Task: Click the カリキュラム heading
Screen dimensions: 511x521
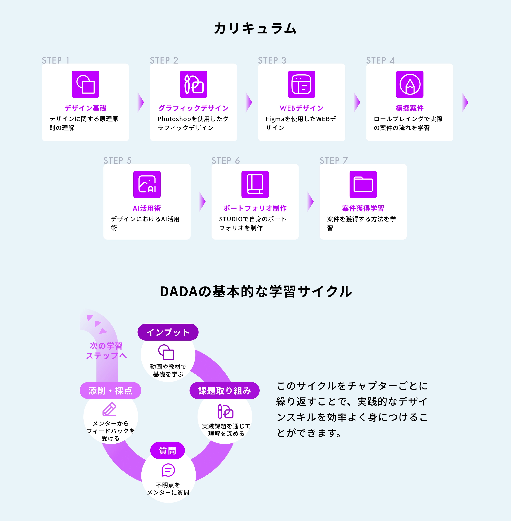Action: tap(255, 28)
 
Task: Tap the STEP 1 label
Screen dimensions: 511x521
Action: tap(56, 60)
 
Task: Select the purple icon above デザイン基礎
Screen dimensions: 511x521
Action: tap(85, 84)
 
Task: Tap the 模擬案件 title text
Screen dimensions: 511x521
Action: tap(410, 108)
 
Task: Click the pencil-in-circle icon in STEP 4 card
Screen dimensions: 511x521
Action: tap(410, 84)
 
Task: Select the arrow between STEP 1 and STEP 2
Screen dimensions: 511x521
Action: tap(141, 102)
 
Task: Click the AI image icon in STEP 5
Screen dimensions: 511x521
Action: tap(147, 184)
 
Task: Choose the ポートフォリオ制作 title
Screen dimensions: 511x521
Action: tap(255, 208)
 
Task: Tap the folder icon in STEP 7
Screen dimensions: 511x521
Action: tap(363, 184)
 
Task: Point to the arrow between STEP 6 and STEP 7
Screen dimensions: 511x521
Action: tap(310, 202)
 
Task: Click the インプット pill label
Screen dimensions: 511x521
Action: tap(168, 332)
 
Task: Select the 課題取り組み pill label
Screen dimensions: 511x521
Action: tap(224, 390)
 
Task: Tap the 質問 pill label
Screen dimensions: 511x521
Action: tap(167, 451)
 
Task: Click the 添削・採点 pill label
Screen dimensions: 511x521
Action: tap(110, 390)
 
